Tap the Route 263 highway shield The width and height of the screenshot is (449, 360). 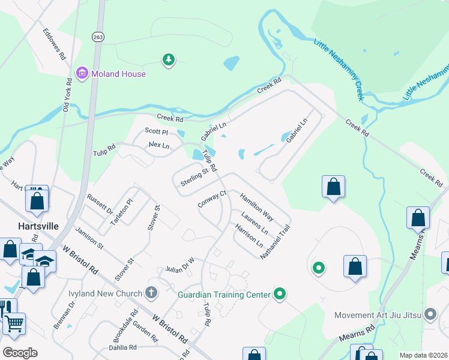(x=97, y=37)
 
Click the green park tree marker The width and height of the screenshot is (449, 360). (x=169, y=59)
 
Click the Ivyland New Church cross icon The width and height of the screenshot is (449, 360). (x=151, y=293)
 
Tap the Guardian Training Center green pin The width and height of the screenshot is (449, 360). (x=279, y=294)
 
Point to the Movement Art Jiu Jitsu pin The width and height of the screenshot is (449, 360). (x=430, y=314)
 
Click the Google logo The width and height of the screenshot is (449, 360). (x=20, y=352)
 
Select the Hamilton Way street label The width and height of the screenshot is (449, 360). (x=257, y=207)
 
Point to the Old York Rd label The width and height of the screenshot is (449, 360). (x=67, y=98)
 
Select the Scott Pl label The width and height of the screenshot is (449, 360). (x=156, y=131)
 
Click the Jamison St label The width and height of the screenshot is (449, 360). (x=89, y=238)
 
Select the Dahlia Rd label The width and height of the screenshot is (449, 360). (x=122, y=347)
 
